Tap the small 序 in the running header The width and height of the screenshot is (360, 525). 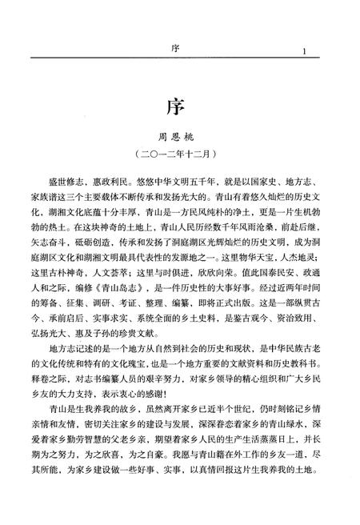click(x=174, y=49)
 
